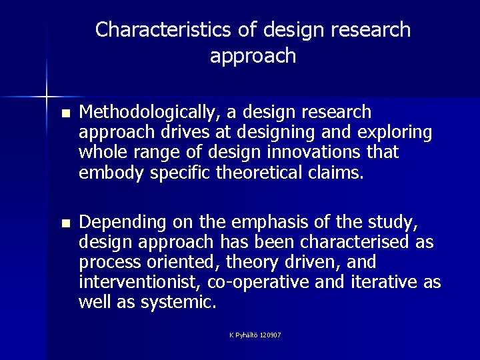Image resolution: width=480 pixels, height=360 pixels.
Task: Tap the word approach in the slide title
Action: [253, 56]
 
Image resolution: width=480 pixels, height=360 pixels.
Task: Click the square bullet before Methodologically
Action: [64, 112]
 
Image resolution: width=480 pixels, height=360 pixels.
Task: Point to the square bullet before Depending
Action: [64, 222]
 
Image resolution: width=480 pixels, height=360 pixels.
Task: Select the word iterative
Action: [383, 282]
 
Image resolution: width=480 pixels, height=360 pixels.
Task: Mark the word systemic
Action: [177, 302]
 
